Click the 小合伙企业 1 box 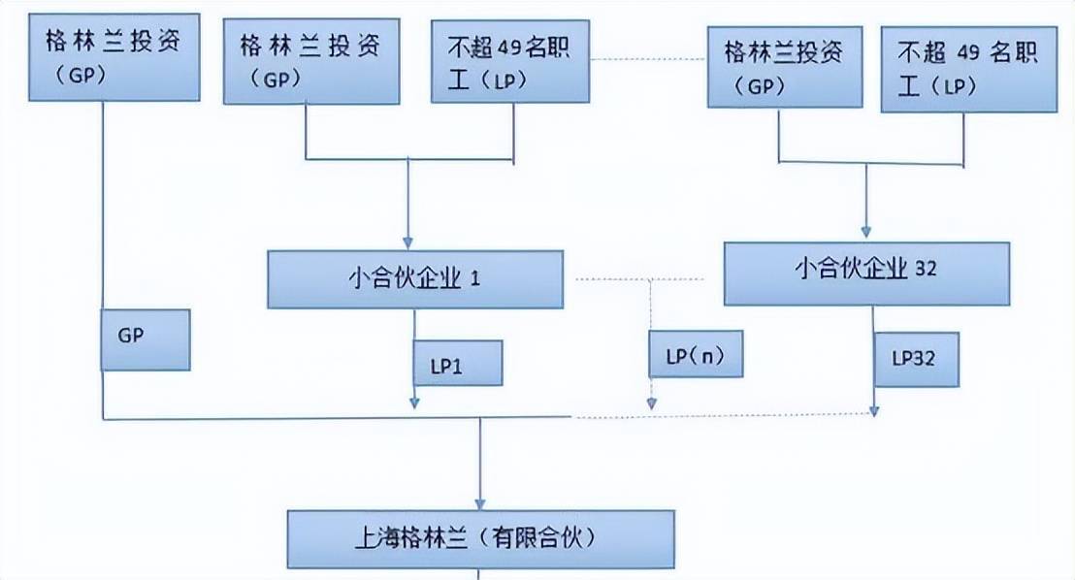pos(414,279)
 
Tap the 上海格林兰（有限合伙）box pos(480,537)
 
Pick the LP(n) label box pos(696,354)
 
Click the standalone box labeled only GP pos(146,339)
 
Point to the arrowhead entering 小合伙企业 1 pos(408,242)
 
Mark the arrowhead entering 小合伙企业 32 pos(865,234)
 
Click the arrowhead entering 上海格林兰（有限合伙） pos(480,500)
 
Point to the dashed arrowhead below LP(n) pos(652,403)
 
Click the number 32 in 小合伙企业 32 pos(926,269)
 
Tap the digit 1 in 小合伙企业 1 pos(475,279)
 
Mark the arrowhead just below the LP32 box pos(875,410)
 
